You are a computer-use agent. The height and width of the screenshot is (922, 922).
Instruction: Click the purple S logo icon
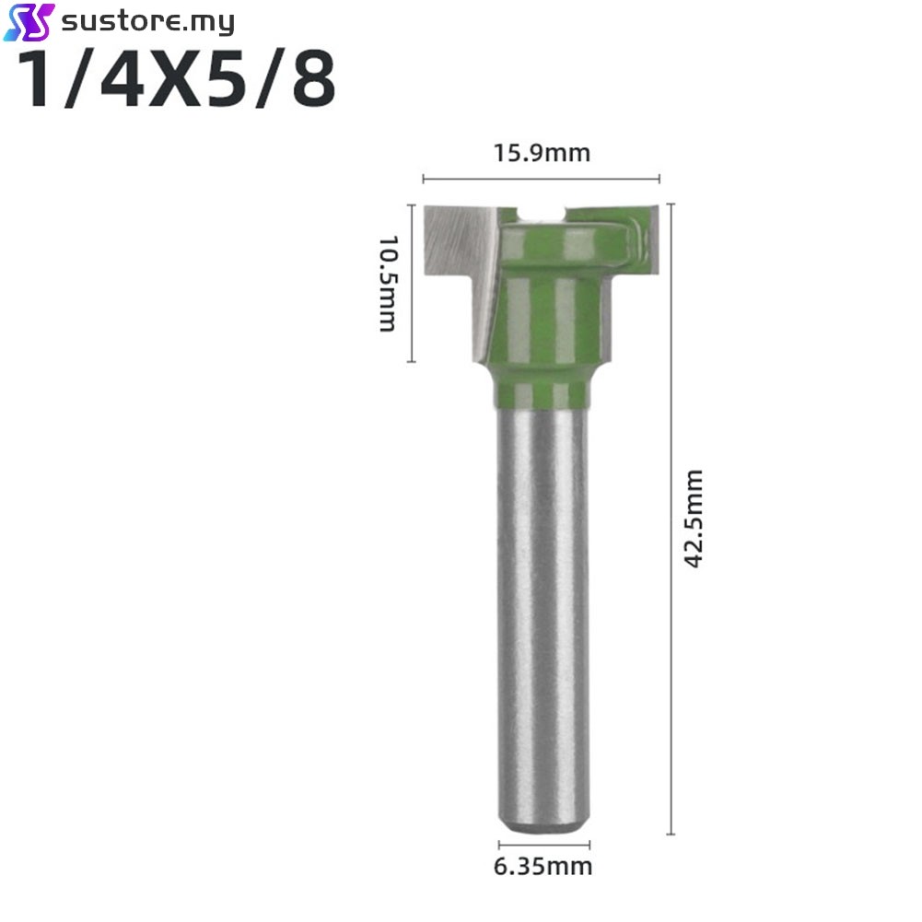coord(29,22)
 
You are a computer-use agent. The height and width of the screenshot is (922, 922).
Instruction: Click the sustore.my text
coord(147,22)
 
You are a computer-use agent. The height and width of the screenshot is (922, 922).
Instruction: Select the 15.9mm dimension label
coord(542,153)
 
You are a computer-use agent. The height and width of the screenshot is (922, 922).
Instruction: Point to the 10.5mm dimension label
coord(388,284)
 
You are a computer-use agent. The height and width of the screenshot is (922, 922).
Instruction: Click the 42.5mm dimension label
coord(694,519)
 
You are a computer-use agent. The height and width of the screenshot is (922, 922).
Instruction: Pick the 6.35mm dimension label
coord(543,867)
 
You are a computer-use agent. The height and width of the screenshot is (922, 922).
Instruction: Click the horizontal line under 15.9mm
coord(541,179)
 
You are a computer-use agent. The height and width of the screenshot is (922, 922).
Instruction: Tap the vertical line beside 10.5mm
coord(412,284)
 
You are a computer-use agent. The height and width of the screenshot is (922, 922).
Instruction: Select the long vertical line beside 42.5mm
coord(671,519)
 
